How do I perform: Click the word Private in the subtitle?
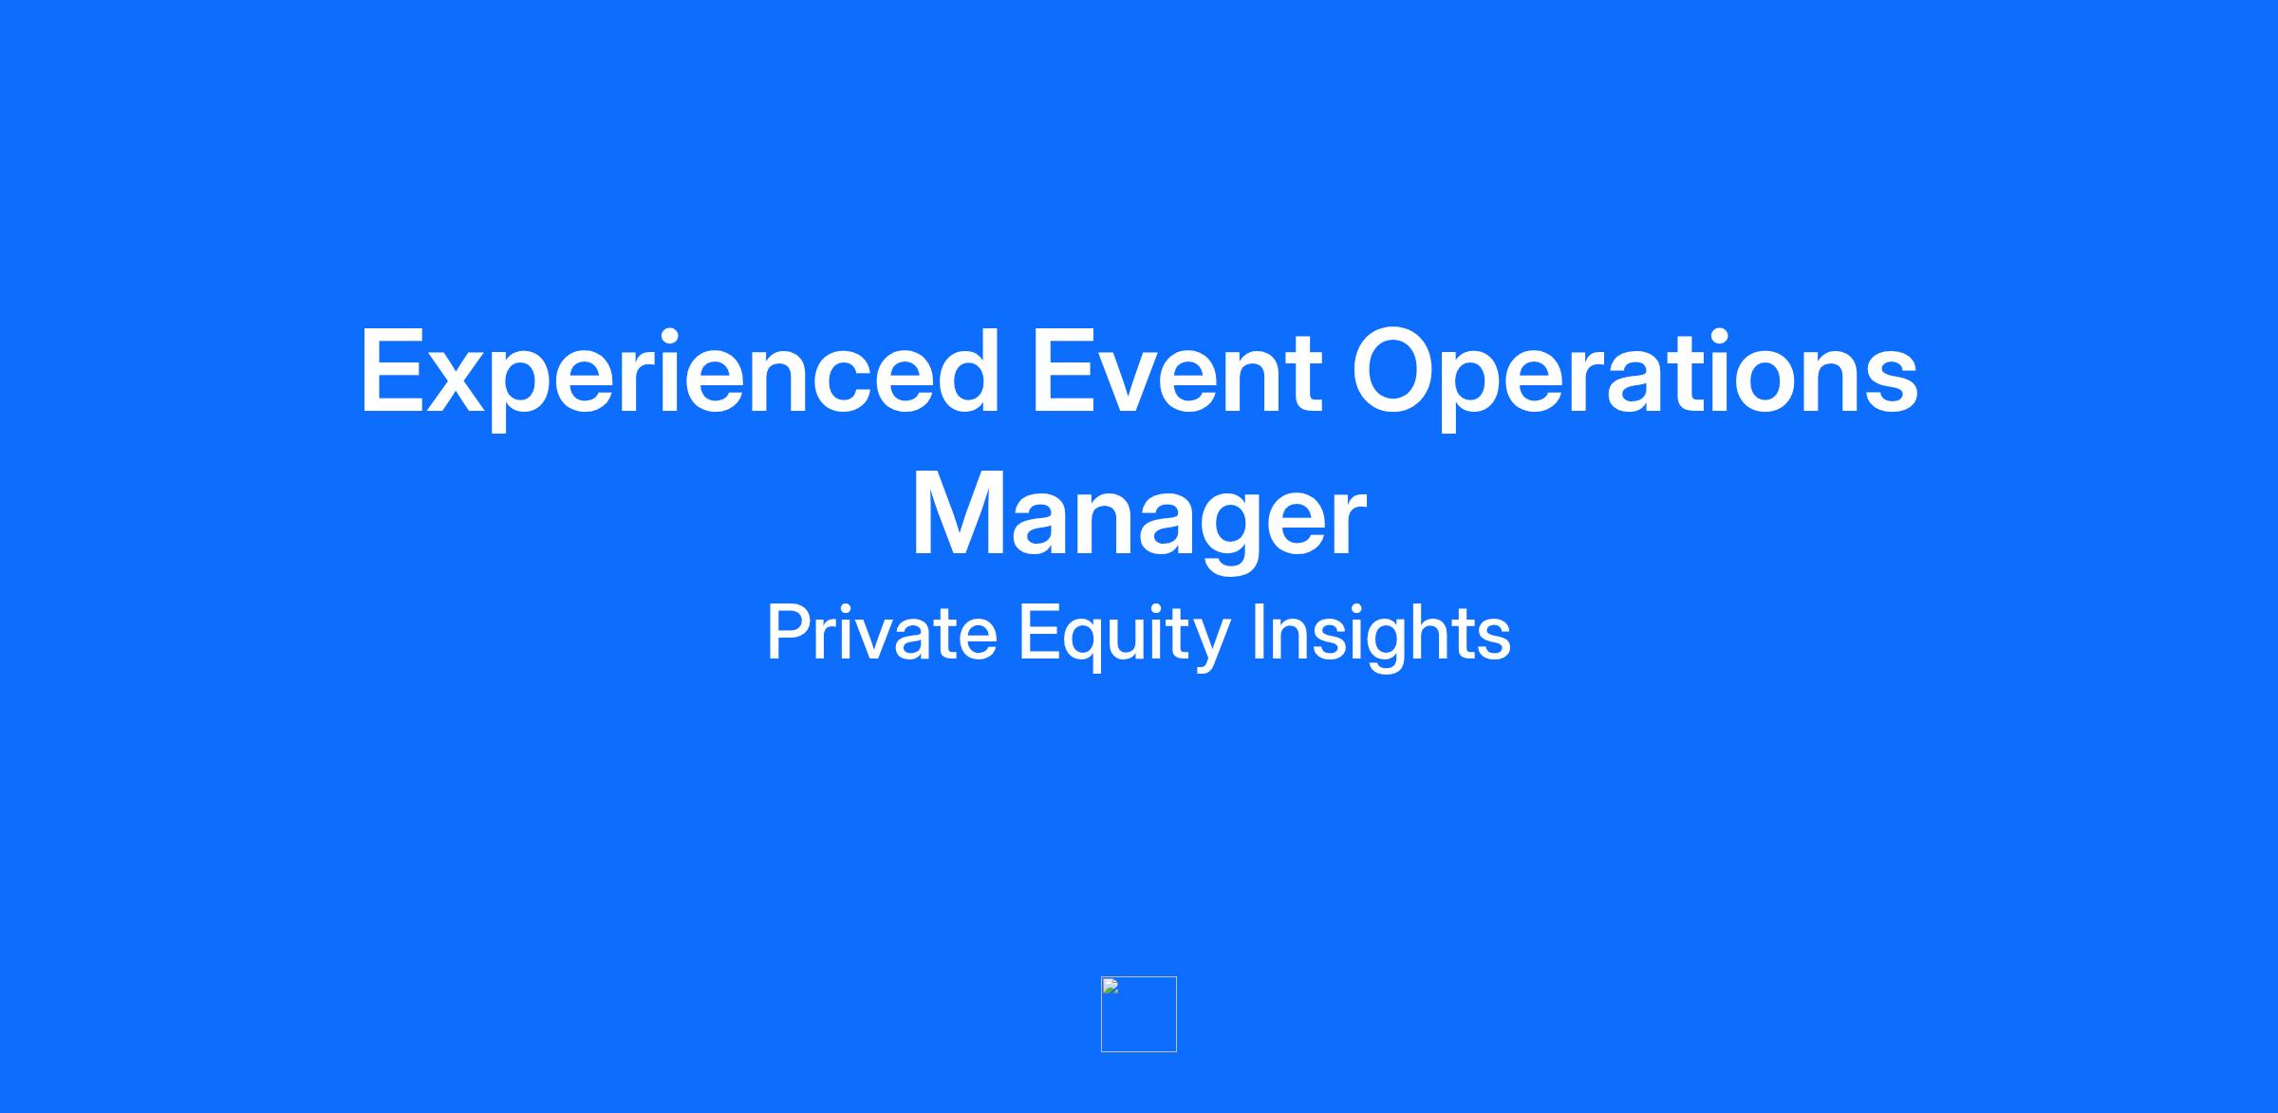coord(882,633)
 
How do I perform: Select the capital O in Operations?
coord(1396,371)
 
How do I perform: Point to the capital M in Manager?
coord(957,514)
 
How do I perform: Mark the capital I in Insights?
coord(1257,633)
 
